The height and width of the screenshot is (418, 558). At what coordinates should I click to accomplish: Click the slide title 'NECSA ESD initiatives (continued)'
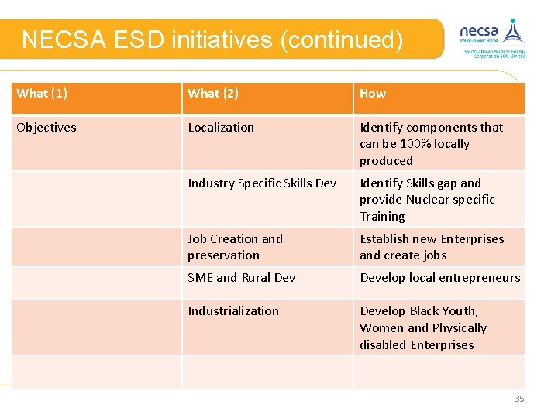pyautogui.click(x=212, y=39)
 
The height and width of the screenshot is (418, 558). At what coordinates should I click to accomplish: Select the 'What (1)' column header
pyautogui.click(x=42, y=94)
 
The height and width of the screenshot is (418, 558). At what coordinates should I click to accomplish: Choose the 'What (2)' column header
pyautogui.click(x=213, y=94)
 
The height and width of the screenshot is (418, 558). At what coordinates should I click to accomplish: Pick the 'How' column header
pyautogui.click(x=373, y=94)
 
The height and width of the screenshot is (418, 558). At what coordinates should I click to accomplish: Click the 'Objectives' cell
pyautogui.click(x=46, y=128)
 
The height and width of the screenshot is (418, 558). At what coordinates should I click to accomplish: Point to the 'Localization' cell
pyautogui.click(x=221, y=128)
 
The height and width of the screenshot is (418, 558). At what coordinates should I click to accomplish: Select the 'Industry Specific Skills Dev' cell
pyautogui.click(x=262, y=183)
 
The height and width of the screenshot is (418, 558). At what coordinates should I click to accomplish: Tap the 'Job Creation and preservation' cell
pyautogui.click(x=235, y=247)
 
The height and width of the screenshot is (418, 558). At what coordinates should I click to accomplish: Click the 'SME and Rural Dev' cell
pyautogui.click(x=241, y=278)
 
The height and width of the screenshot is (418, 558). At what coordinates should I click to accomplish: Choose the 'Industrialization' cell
pyautogui.click(x=232, y=311)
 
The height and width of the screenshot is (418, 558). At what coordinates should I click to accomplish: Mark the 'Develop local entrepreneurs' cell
pyautogui.click(x=439, y=278)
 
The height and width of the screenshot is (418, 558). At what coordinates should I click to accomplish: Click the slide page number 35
pyautogui.click(x=519, y=399)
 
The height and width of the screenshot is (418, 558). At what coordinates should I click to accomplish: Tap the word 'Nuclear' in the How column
pyautogui.click(x=427, y=200)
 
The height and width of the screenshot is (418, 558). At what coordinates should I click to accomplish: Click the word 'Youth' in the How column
pyautogui.click(x=460, y=311)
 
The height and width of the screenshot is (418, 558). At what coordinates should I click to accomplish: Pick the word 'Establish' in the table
pyautogui.click(x=385, y=239)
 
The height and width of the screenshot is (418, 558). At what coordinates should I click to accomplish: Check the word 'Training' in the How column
pyautogui.click(x=382, y=217)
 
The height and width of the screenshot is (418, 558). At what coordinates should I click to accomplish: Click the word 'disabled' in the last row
pyautogui.click(x=384, y=345)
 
